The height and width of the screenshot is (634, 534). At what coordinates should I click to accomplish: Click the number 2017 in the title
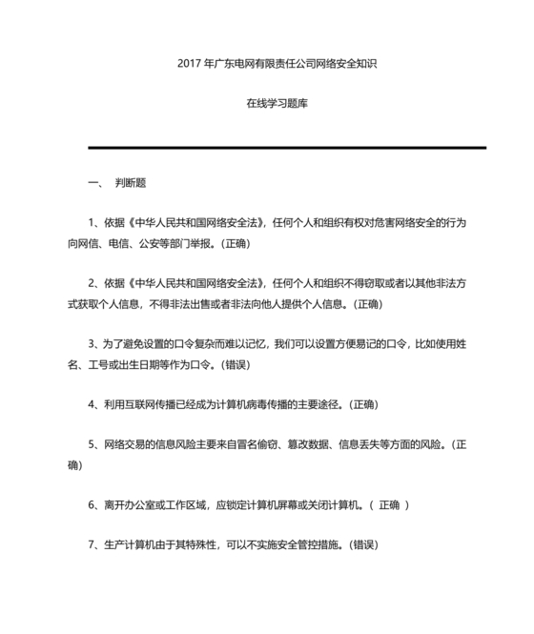(x=189, y=64)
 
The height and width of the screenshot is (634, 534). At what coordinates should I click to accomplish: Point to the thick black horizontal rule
(x=287, y=148)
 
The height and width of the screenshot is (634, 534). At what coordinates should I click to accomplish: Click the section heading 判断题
(x=131, y=181)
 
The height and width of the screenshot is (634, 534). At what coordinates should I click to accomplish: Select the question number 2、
(x=93, y=283)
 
